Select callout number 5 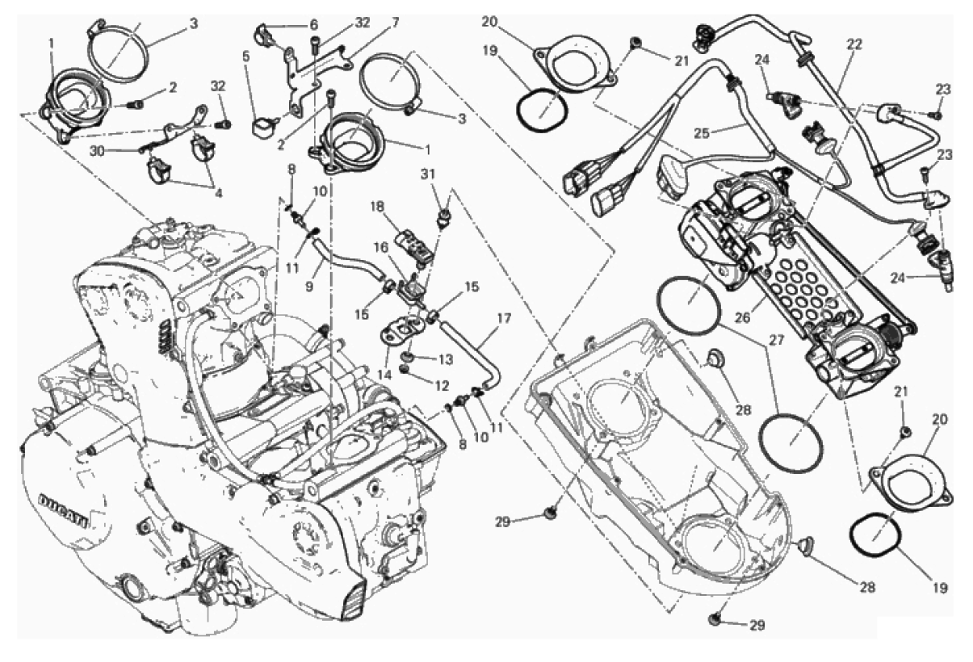pyautogui.click(x=246, y=57)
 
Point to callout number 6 pyautogui.click(x=313, y=25)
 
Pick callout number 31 pyautogui.click(x=427, y=174)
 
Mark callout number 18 pyautogui.click(x=377, y=207)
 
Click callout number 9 pyautogui.click(x=308, y=287)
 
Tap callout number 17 pyautogui.click(x=504, y=318)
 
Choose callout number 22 pyautogui.click(x=853, y=44)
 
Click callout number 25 pyautogui.click(x=702, y=133)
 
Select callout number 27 pyautogui.click(x=776, y=341)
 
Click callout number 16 pyautogui.click(x=381, y=248)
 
